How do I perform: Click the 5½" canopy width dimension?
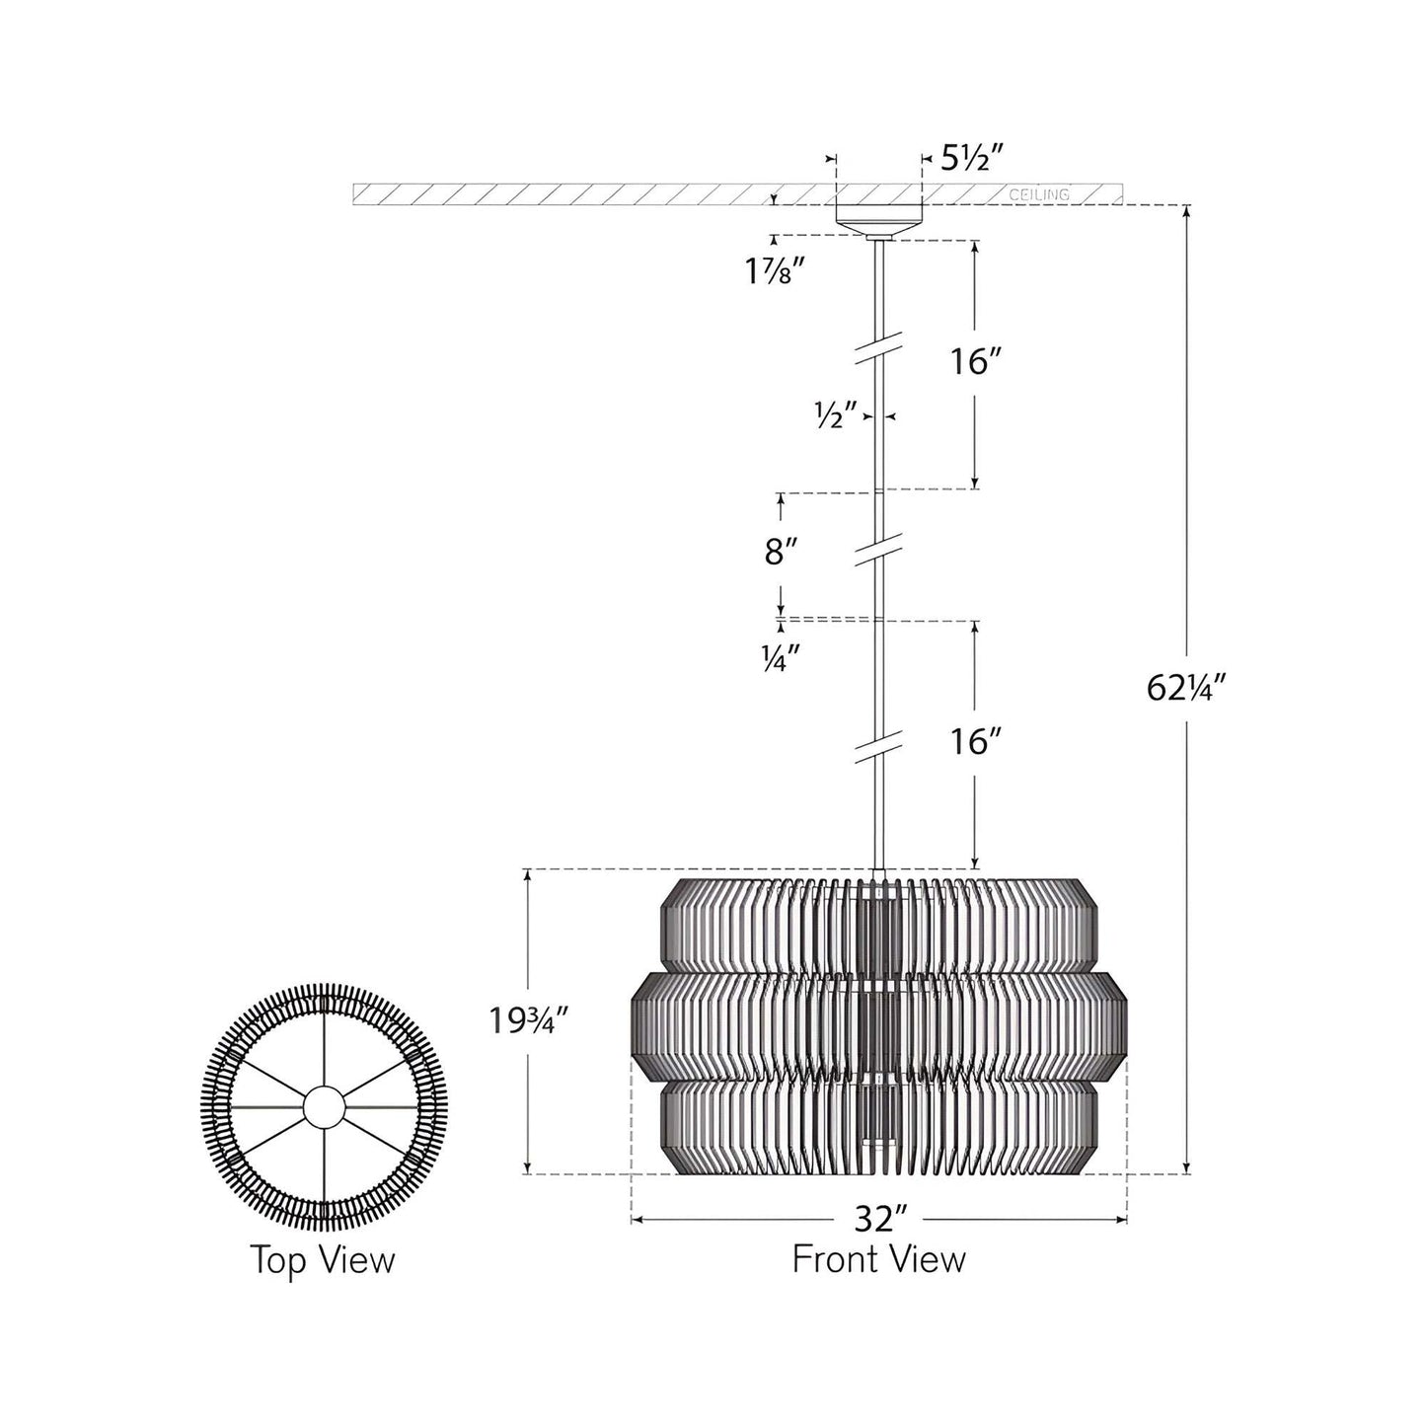971,158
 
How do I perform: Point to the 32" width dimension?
880,1220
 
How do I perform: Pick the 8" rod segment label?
781,552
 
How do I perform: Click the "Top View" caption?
322,1260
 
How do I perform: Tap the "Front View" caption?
878,1260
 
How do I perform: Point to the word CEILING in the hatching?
1038,194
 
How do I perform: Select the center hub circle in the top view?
324,1107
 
